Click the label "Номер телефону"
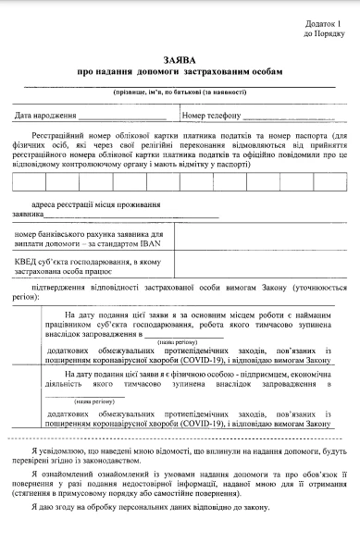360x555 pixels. (x=211, y=117)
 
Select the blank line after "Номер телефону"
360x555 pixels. (x=287, y=117)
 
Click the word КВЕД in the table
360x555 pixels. (x=27, y=262)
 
